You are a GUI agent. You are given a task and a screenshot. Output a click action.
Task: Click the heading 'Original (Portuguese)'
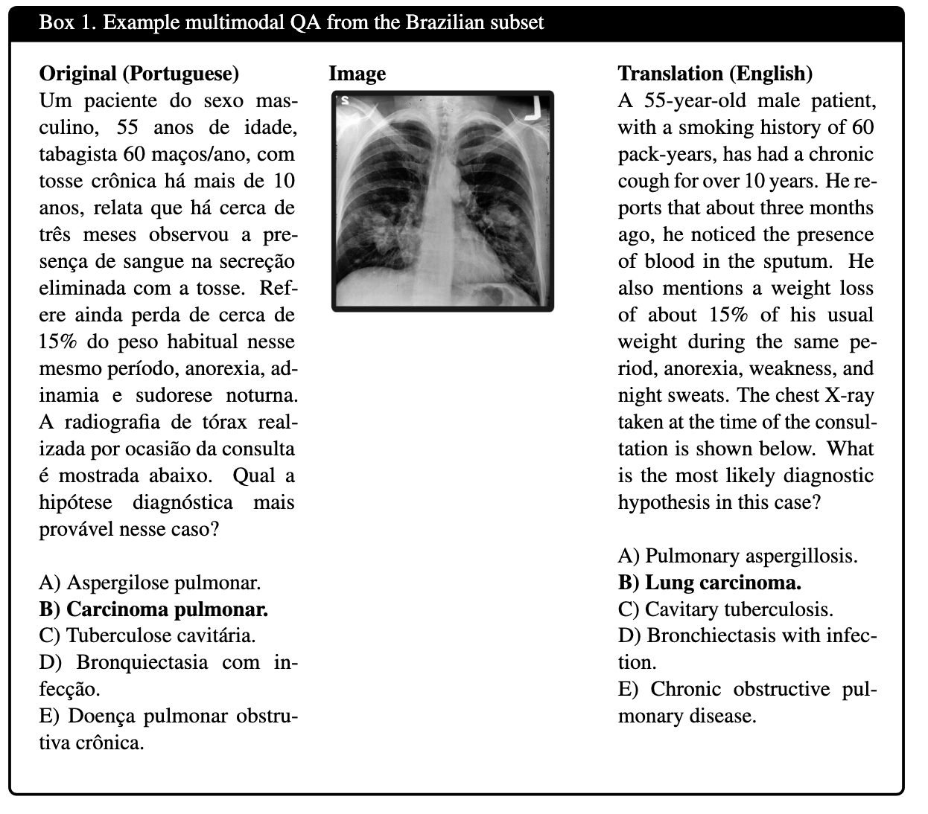[139, 74]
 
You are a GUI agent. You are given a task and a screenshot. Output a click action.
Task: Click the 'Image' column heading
[357, 74]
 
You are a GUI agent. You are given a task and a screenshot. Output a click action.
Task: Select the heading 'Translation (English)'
[715, 74]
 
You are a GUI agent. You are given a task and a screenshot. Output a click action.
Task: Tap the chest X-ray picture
[442, 201]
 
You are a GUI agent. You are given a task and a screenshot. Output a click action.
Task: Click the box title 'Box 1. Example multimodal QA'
[290, 22]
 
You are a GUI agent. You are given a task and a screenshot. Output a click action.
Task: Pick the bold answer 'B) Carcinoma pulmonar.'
[153, 609]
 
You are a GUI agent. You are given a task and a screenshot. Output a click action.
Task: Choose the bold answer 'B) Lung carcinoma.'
[709, 583]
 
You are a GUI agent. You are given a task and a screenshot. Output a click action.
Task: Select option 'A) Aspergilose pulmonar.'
[150, 583]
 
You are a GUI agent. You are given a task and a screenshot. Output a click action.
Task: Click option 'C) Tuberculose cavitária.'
[147, 636]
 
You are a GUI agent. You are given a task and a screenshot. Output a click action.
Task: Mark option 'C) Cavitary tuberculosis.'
[725, 609]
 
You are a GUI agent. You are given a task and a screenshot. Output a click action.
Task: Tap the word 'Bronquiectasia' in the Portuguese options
[142, 663]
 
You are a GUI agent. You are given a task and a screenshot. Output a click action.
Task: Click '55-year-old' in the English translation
[688, 100]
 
